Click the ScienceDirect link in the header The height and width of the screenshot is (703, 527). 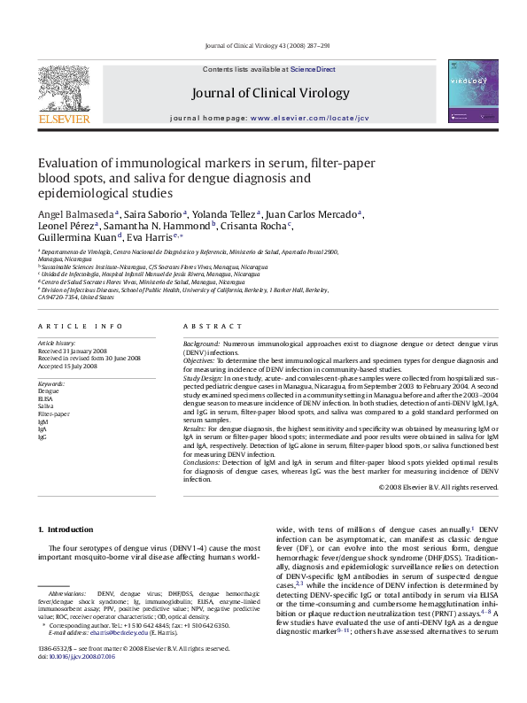click(x=314, y=68)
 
